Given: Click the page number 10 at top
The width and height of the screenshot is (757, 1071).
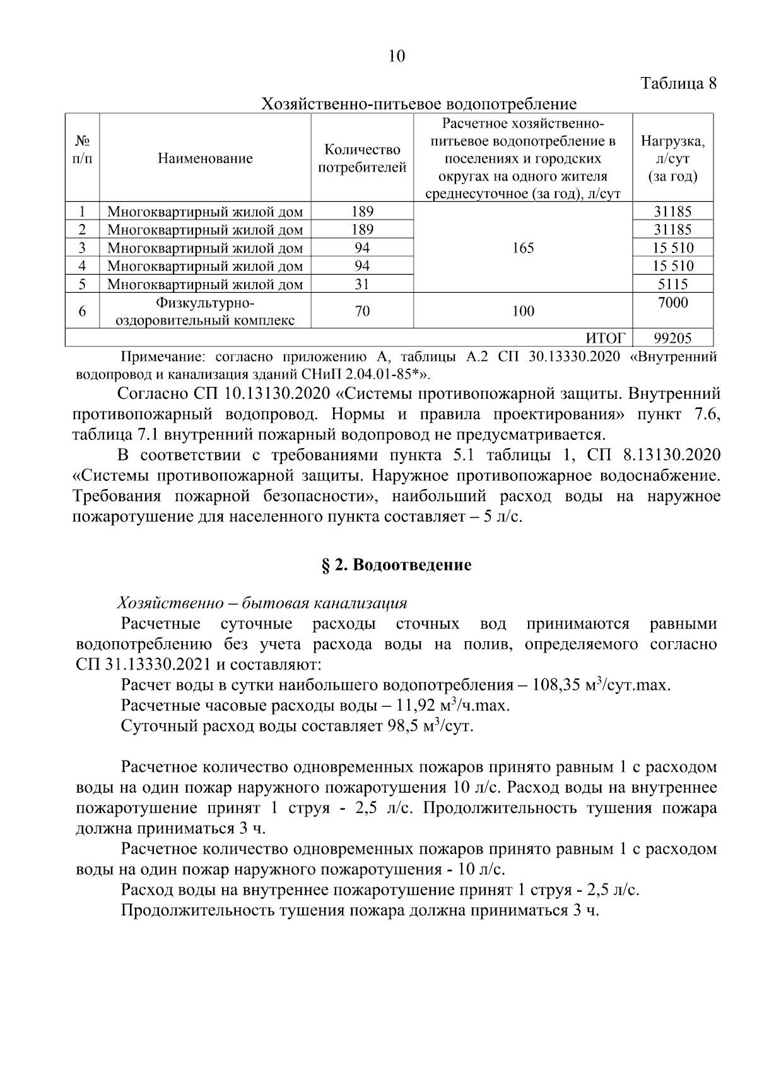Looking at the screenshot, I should pos(396,56).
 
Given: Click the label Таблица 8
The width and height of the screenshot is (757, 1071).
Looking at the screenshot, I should pos(679,84).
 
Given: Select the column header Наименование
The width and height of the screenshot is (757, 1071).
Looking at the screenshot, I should pos(205,158).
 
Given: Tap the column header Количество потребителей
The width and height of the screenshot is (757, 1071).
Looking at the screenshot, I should pos(362,158).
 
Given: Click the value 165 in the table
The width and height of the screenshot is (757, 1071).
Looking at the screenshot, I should pos(523,248).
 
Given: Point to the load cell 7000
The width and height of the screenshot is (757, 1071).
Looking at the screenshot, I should pos(672,303).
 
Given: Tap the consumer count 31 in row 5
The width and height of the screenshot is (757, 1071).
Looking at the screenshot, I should pos(362,284).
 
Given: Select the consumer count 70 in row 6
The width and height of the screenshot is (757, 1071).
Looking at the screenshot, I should pos(362,311).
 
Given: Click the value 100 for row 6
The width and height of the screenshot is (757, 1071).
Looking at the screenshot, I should pos(523,311).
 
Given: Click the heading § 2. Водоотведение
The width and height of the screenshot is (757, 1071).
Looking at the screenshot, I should pos(396,565).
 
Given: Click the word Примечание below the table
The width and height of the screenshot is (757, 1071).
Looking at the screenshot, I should pos(160,357).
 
